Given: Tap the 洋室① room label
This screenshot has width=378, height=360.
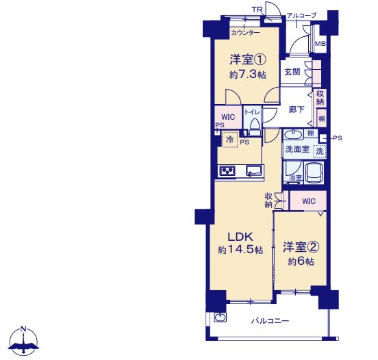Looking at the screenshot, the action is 248,60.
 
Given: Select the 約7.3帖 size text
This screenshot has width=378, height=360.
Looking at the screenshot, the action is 248,75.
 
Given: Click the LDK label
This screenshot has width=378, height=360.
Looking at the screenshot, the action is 240,237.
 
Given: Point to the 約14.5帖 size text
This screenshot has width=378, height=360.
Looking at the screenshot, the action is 240,250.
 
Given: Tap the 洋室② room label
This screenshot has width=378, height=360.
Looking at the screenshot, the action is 301,247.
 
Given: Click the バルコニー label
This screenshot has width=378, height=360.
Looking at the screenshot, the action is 270,321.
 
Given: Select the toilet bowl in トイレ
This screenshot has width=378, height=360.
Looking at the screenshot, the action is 255,126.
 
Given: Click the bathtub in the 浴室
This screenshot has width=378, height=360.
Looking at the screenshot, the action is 314,172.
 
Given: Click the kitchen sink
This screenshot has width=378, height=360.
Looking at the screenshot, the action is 254,170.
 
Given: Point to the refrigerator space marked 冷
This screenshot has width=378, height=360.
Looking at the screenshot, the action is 230,139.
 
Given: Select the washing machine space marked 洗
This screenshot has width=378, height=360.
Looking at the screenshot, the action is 319,151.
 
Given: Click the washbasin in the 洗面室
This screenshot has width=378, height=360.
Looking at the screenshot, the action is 293,134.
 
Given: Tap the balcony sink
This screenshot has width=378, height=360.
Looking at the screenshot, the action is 220,317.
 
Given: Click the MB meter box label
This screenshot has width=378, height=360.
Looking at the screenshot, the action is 320,44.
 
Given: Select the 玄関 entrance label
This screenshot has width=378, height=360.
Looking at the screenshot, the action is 292,72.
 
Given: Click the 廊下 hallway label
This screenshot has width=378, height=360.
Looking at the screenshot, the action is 297,110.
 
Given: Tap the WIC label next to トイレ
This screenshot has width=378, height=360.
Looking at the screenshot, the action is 228,117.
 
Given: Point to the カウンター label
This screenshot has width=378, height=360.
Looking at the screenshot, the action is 245,33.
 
